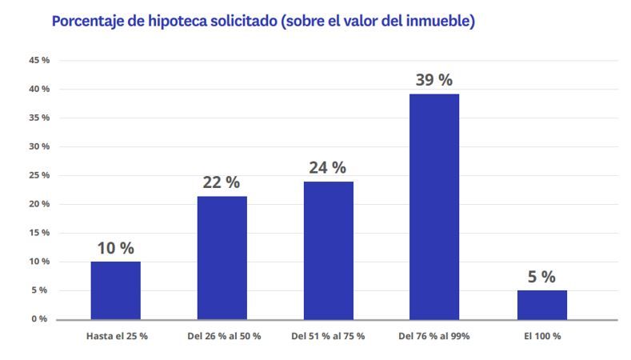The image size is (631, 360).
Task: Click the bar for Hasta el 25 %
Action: coord(115,290)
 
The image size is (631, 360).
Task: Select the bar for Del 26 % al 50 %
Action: coord(222,258)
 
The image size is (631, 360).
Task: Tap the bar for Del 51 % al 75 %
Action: coord(328,250)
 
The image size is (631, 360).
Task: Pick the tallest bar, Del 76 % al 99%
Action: coord(434,206)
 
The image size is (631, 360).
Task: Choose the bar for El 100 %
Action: coord(541,305)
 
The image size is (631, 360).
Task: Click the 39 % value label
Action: coord(434,81)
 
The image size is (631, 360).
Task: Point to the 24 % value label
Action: coord(328,168)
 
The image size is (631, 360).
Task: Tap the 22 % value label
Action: coord(222,182)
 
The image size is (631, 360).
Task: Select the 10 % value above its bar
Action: coord(115,248)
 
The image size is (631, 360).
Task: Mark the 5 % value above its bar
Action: coord(541,277)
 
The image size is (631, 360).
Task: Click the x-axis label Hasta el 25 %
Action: coord(117,336)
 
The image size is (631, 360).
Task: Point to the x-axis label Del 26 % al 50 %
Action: coord(223,336)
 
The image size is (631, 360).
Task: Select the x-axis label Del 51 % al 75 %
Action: coord(329,336)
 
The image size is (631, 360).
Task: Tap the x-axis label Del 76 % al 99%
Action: coord(433,336)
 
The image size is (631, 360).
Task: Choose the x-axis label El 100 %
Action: coord(541,336)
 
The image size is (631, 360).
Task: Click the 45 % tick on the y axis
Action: coord(38,60)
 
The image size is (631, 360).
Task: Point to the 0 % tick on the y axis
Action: coord(40,319)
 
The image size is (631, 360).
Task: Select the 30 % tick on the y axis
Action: coord(38,146)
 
